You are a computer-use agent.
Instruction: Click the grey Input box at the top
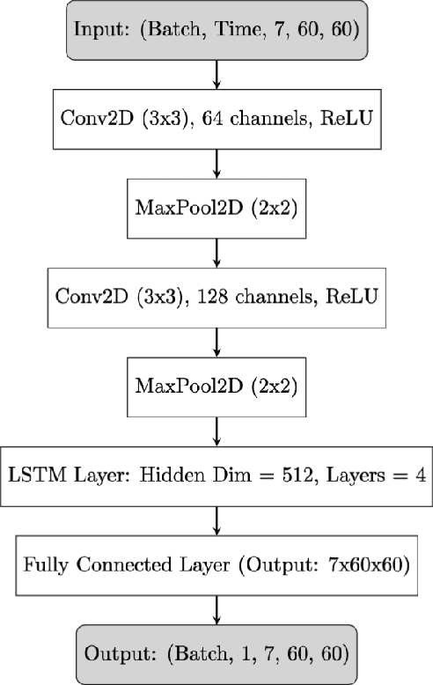click(x=216, y=33)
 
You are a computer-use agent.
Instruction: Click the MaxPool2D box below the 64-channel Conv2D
click(x=216, y=210)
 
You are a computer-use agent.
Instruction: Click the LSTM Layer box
click(x=216, y=476)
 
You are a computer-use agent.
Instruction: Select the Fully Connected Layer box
click(x=216, y=564)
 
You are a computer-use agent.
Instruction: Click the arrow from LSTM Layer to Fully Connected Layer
click(x=216, y=520)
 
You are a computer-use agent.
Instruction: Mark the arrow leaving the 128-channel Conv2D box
click(x=216, y=342)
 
